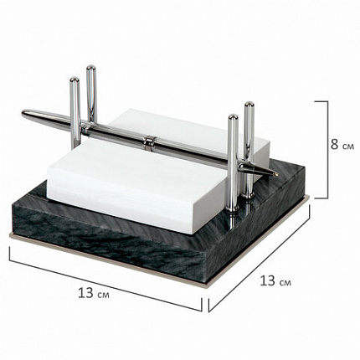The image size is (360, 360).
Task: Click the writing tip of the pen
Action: pyautogui.click(x=276, y=174)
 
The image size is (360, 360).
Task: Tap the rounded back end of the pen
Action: pyautogui.click(x=23, y=113)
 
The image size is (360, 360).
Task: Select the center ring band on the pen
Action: pyautogui.click(x=149, y=141)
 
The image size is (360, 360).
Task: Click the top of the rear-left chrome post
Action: pyautogui.click(x=90, y=68)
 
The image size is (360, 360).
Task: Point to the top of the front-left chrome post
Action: pyautogui.click(x=75, y=80)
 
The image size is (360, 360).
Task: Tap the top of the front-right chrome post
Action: pyautogui.click(x=233, y=117)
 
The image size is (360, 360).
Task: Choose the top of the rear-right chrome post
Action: pyautogui.click(x=249, y=105)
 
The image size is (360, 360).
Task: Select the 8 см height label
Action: pyautogui.click(x=342, y=145)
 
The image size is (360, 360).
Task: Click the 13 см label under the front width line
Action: pyautogui.click(x=94, y=293)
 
